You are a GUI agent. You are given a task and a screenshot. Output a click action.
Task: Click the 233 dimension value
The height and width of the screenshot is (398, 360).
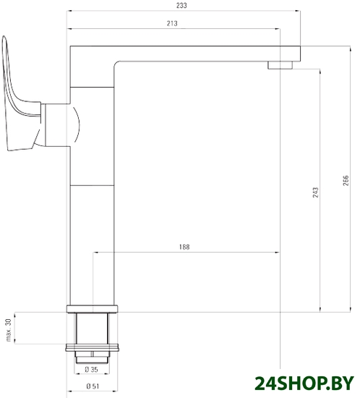(181, 5)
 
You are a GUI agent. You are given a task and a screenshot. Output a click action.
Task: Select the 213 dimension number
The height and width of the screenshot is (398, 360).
(172, 23)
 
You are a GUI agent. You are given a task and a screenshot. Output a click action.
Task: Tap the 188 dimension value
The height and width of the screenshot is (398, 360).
(184, 247)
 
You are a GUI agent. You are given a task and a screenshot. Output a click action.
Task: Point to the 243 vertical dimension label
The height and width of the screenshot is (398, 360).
(315, 192)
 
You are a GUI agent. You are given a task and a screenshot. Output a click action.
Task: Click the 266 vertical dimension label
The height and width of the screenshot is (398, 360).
(346, 180)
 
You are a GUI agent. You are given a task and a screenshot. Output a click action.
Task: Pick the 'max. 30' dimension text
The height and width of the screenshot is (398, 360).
(9, 330)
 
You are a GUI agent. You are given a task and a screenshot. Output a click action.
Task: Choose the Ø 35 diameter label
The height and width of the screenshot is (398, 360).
(91, 370)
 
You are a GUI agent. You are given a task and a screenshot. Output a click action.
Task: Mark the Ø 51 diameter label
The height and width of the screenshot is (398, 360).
(93, 386)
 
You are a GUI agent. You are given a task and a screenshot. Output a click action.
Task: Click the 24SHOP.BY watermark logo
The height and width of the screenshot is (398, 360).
(304, 383)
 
